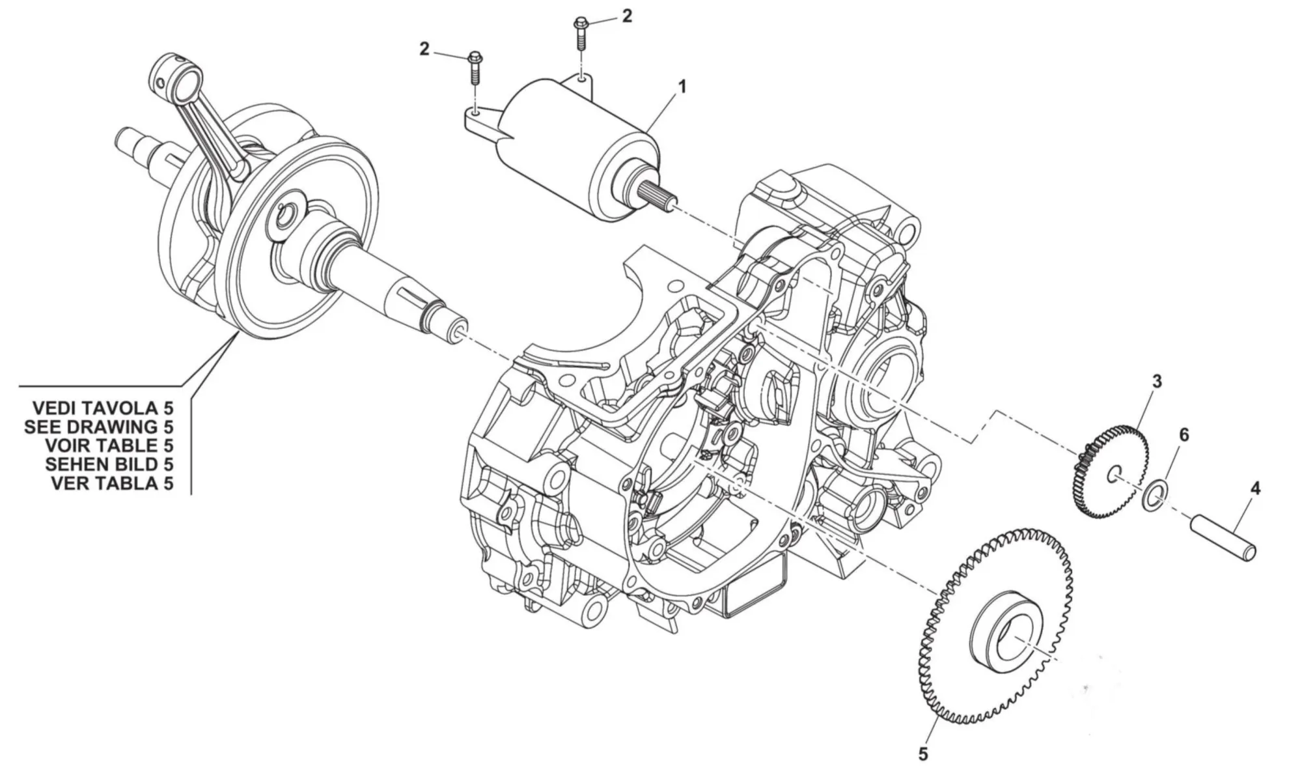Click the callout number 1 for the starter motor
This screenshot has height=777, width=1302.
682,86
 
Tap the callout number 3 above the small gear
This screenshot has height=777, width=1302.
1156,381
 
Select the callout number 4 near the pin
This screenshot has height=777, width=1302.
1255,488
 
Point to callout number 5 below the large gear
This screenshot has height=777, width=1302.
922,755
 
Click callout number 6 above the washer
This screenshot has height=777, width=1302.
1184,434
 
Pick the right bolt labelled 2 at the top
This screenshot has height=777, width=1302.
580,32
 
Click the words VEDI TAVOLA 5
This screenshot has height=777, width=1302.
104,408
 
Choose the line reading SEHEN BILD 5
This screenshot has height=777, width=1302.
109,464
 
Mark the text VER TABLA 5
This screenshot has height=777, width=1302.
112,483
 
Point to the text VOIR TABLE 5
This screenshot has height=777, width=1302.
109,446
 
